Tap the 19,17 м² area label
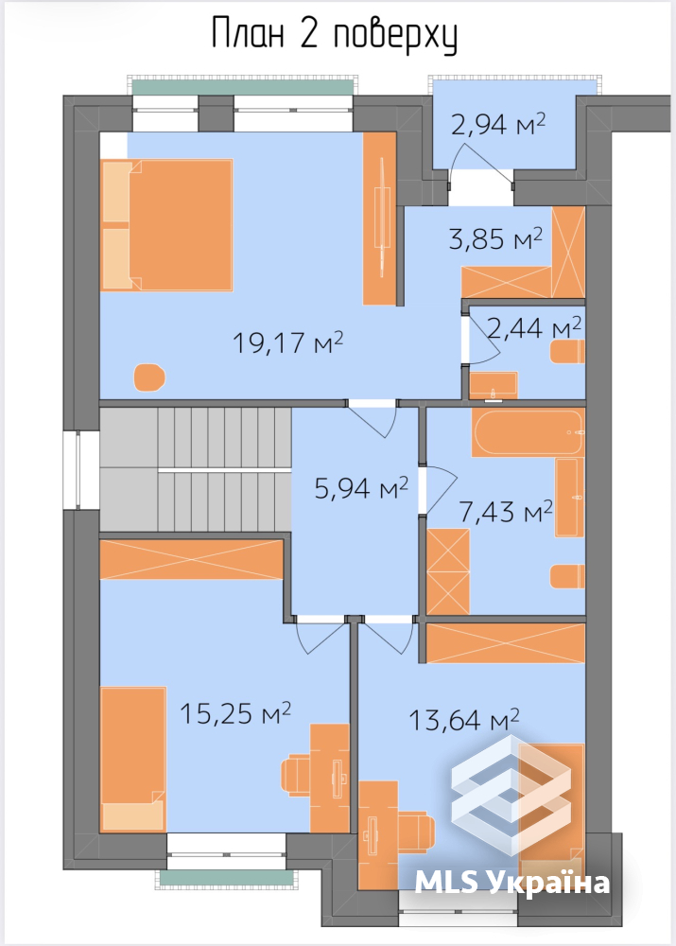(x=287, y=342)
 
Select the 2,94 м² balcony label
(x=498, y=124)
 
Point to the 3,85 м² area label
(x=495, y=238)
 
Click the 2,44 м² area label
(x=534, y=328)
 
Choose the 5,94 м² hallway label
(x=361, y=487)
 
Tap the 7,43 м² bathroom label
(x=505, y=512)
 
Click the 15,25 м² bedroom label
(x=235, y=713)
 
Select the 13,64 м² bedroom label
(x=463, y=719)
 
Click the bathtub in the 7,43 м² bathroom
(x=528, y=432)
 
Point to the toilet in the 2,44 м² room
(x=567, y=352)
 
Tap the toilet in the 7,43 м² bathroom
(x=567, y=577)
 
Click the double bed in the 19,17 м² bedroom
(x=167, y=225)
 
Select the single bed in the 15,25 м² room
(x=133, y=759)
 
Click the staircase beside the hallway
(x=196, y=469)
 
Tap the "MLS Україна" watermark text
(x=512, y=883)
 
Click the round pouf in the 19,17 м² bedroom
(x=149, y=377)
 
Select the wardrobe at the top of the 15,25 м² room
(x=192, y=559)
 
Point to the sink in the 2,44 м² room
(x=494, y=386)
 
